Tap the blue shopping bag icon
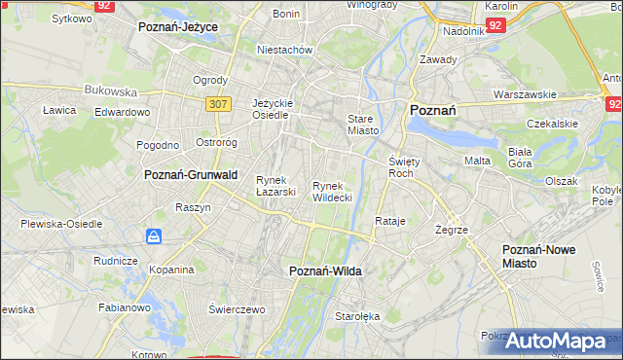[154, 236]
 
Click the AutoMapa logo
[557, 342]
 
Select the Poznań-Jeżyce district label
[178, 27]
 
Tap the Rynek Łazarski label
[275, 185]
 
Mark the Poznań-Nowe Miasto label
[538, 256]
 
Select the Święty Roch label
[402, 166]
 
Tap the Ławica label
[59, 110]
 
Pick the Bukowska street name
[110, 90]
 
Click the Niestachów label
[283, 49]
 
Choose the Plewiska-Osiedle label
[61, 224]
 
